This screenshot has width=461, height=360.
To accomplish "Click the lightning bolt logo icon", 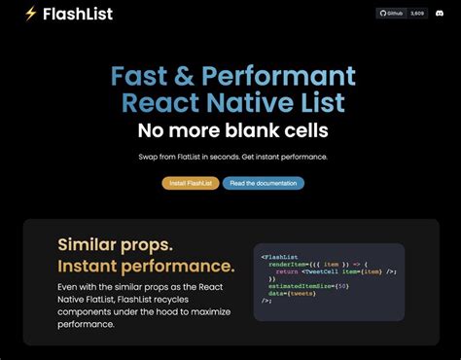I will point(31,14).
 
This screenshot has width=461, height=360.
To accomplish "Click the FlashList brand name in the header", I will point(79,14).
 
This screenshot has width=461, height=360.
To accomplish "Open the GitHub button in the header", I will point(391,14).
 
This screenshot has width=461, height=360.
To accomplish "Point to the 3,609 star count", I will point(416,14).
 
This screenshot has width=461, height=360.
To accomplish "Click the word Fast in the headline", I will point(142,77).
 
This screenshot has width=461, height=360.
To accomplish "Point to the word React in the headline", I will point(164,103).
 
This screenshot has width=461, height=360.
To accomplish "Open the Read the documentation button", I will point(263,183).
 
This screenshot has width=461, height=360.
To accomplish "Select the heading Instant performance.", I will point(146,266).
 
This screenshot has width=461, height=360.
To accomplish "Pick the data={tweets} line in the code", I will point(290,293).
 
